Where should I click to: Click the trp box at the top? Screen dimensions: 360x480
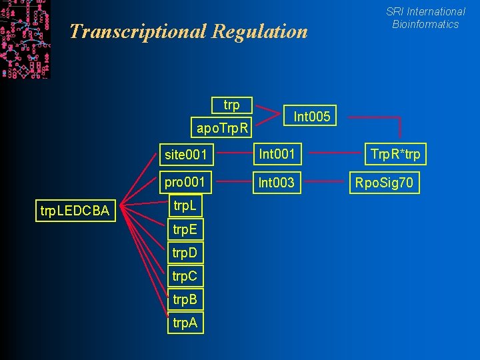point(231,105)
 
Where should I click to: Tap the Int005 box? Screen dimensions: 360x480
point(312,117)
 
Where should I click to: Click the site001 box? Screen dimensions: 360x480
point(185,155)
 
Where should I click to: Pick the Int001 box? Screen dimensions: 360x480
point(277,155)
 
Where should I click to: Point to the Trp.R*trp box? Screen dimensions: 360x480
point(395,155)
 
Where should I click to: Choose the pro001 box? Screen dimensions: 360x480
point(185,182)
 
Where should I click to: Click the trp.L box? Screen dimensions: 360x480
point(184,207)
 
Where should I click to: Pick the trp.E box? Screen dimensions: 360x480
point(184,230)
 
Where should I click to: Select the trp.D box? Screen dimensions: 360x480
point(184,253)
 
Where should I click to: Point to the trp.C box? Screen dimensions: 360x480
point(184,276)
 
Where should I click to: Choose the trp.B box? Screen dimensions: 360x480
point(184,299)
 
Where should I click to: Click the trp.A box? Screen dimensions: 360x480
point(184,323)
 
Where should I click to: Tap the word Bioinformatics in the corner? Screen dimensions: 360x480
point(425,24)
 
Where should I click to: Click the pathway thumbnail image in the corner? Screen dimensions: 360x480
point(25,39)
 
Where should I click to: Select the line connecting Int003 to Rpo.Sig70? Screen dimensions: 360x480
point(327,181)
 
